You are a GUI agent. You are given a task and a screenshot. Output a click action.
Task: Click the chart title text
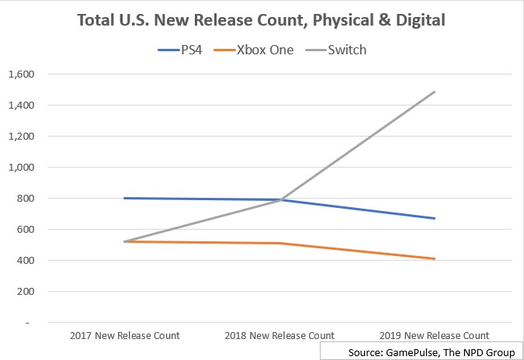pos(261,19)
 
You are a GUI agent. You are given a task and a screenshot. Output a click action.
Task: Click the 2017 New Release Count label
pos(124,336)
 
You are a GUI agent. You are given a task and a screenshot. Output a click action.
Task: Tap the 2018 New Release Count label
pos(279,336)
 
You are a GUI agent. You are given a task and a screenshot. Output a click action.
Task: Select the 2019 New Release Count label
pos(435,336)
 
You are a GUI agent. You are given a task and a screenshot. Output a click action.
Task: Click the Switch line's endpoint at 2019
pos(435,92)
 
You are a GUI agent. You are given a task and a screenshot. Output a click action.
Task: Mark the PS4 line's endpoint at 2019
pos(435,218)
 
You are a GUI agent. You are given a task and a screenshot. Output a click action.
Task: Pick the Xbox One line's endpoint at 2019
pos(435,258)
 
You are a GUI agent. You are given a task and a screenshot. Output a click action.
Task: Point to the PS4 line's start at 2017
pos(124,198)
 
